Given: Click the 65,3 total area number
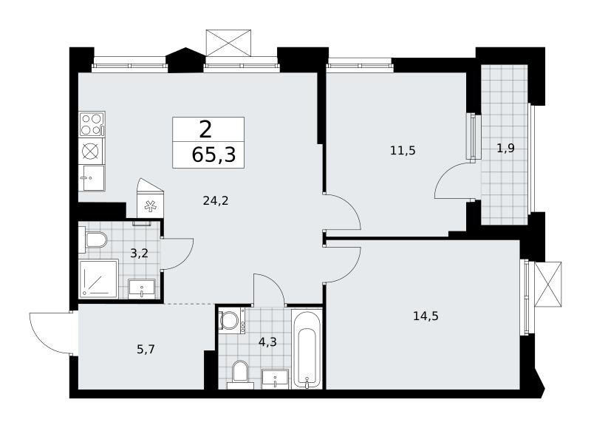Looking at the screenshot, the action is tap(213, 154).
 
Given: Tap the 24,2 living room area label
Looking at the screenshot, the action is tap(216, 201).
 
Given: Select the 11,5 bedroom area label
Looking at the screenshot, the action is tap(403, 151).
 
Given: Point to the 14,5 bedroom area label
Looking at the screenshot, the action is tap(426, 316).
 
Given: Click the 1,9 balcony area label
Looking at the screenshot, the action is tap(505, 149).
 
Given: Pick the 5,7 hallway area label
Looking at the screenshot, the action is tap(146, 350).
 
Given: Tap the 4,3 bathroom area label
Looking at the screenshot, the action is tap(267, 342).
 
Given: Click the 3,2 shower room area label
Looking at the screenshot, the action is tap(139, 254).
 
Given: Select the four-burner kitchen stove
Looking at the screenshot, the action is tap(92, 123).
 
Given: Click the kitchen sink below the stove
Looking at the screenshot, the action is tap(92, 177).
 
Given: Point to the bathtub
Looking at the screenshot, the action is tap(307, 349).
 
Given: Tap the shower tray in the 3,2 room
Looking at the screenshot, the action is tap(99, 279).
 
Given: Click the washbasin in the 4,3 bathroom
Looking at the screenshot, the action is tap(275, 378).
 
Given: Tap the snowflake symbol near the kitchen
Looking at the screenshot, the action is tap(151, 206).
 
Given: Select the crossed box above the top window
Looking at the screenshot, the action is tap(229, 43).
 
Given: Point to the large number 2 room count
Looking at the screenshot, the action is tap(205, 130).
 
